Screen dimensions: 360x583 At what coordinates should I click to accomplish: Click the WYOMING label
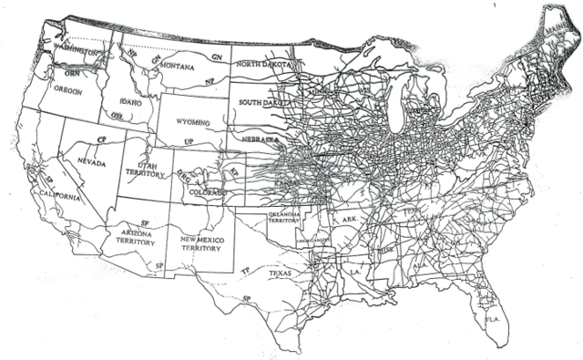[192, 119]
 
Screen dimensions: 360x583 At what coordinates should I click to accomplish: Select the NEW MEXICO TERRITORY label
[201, 242]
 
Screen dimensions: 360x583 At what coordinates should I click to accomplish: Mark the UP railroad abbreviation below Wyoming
[189, 143]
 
